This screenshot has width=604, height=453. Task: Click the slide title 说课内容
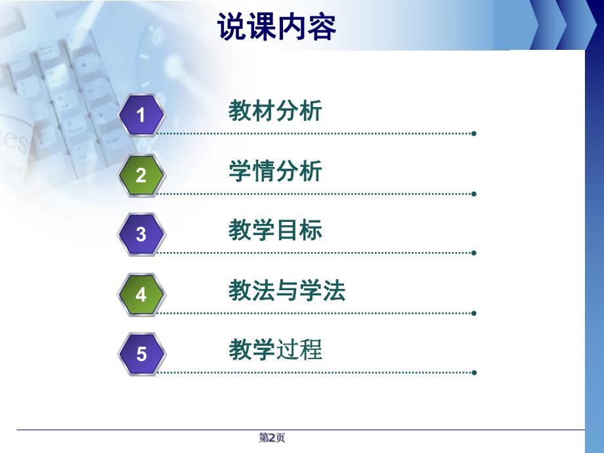[x=276, y=28]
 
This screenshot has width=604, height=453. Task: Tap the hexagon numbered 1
[x=141, y=116]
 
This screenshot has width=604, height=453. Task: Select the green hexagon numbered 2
[x=141, y=175]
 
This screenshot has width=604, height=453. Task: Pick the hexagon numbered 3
[x=141, y=234]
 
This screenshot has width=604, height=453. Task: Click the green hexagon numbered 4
[x=141, y=295]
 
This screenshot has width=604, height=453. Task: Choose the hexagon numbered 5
[x=141, y=355]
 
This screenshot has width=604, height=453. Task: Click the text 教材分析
[x=275, y=111]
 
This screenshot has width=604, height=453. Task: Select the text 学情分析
[x=275, y=171]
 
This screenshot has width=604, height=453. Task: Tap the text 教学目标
[x=275, y=230]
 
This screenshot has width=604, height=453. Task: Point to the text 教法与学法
[x=287, y=290]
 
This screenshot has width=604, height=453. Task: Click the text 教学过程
[x=275, y=350]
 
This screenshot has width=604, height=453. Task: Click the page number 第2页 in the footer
[x=272, y=438]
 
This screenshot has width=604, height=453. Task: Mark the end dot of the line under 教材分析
[x=473, y=133]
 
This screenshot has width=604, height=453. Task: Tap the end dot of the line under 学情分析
[x=473, y=194]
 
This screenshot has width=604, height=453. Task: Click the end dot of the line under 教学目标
[x=473, y=252]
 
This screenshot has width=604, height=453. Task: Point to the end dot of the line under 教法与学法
[x=473, y=313]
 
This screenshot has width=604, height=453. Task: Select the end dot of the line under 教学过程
[x=473, y=372]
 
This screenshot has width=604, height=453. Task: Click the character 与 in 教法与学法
[x=287, y=290]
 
